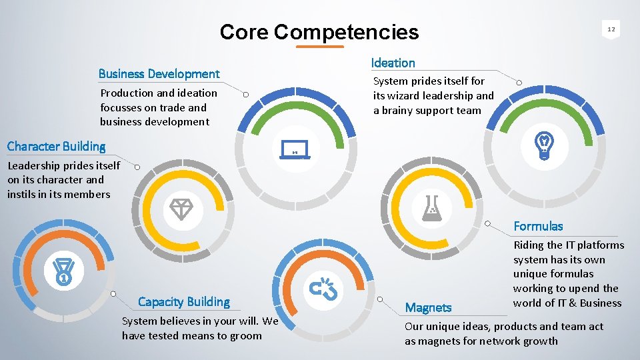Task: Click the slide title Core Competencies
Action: pos(319,32)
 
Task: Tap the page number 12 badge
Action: pos(611,29)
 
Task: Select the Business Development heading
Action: pos(159,73)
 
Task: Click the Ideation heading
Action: pos(393,63)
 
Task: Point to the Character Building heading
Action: pos(56,146)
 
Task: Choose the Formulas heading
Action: pos(538,226)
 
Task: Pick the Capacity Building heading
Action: pos(184,302)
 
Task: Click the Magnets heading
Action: pos(428,307)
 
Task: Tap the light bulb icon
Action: pos(544,146)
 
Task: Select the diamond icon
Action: pos(180,209)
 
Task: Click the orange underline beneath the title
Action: pos(319,47)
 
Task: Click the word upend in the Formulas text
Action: pos(584,289)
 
